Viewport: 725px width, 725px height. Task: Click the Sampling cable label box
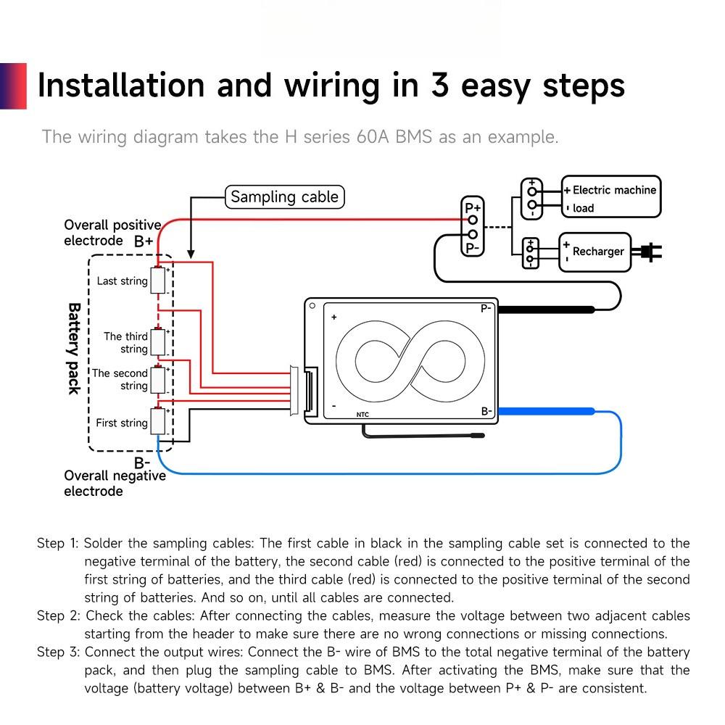(283, 197)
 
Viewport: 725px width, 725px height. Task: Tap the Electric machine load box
(611, 196)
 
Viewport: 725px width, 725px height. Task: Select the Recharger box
(594, 252)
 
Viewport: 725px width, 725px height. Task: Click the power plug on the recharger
(647, 252)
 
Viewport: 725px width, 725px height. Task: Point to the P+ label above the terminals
(473, 208)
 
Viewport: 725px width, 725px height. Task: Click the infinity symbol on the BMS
(410, 361)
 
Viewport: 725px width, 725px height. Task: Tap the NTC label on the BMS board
(363, 415)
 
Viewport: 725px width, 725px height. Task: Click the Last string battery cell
(158, 281)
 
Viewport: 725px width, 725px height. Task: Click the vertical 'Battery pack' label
(74, 348)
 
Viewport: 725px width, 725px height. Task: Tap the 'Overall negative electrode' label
(115, 484)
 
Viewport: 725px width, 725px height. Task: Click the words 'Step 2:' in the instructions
(59, 616)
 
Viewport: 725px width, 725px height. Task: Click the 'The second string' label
(120, 379)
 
